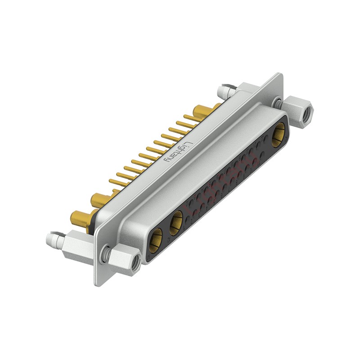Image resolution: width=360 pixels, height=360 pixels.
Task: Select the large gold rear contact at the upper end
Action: [202, 110]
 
